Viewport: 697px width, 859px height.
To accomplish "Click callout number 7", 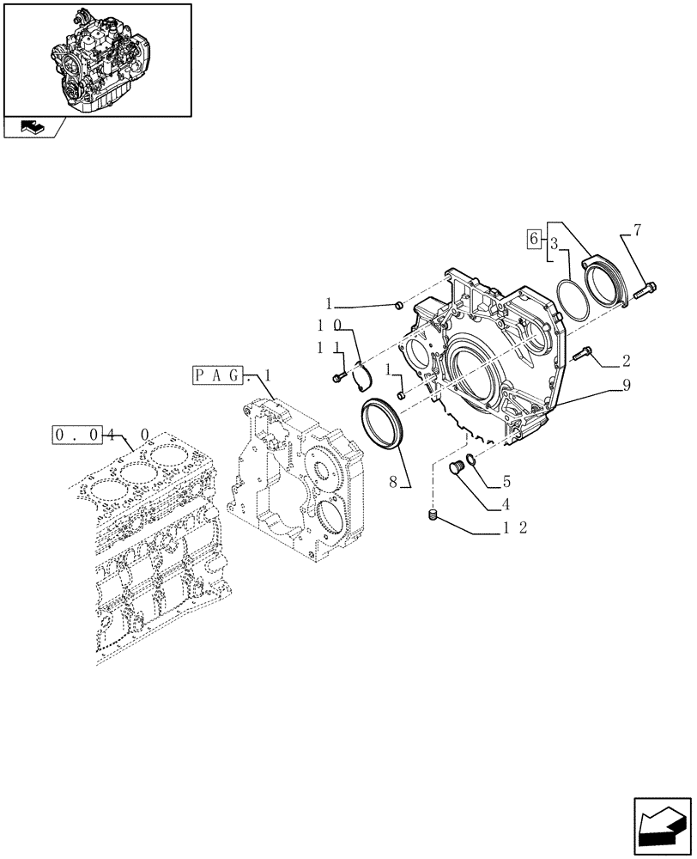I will pos(637,230).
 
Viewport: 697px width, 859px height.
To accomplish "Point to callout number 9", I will pos(627,387).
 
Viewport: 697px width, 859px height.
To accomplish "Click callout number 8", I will pos(393,483).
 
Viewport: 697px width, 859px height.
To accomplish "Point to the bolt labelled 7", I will pos(645,291).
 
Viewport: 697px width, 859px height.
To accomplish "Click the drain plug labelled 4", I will pos(458,466).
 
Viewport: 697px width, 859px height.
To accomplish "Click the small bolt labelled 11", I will pos(337,376).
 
